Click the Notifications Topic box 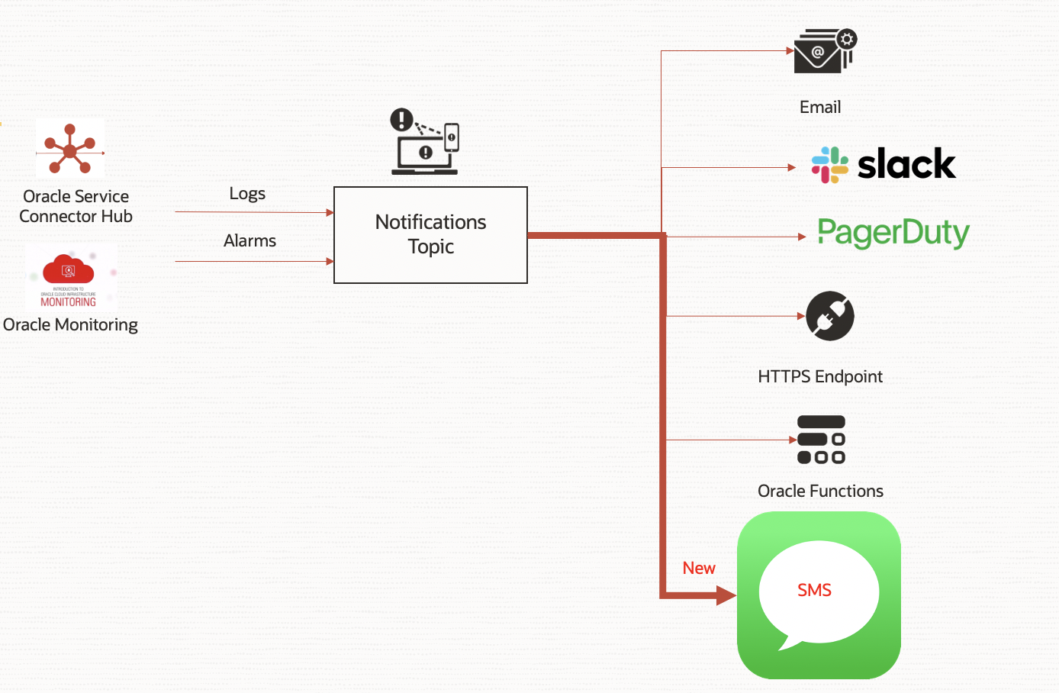point(430,234)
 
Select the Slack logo point(884,164)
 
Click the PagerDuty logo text point(893,233)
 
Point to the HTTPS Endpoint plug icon point(830,315)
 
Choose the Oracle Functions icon point(821,440)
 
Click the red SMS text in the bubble point(814,590)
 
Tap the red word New point(699,568)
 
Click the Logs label point(247,194)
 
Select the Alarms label point(249,241)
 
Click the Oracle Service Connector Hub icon point(70,149)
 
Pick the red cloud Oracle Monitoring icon point(69,271)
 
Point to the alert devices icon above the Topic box point(425,142)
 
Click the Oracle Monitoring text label point(70,325)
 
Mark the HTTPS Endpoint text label point(820,376)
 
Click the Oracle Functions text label point(820,491)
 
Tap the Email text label point(820,108)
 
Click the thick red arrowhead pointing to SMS point(726,595)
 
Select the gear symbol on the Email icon point(847,39)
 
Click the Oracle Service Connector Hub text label point(76,206)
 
